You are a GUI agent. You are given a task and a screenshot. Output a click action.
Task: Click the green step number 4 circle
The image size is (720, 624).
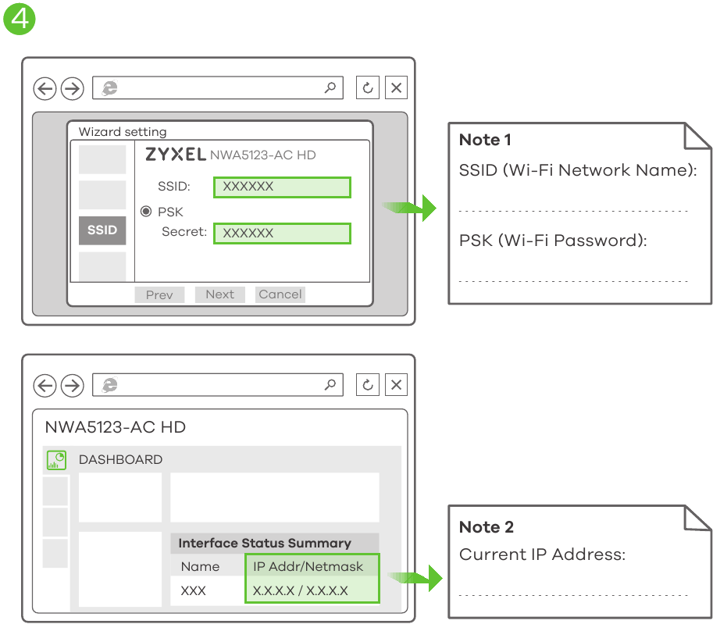point(20,18)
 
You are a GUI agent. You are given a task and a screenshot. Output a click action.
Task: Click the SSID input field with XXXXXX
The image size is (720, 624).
point(282,187)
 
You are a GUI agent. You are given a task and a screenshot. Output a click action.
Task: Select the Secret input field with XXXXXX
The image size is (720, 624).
point(282,233)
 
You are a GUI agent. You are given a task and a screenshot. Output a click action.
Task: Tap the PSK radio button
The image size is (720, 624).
point(146,212)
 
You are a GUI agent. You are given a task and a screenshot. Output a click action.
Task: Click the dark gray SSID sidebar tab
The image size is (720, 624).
point(102,230)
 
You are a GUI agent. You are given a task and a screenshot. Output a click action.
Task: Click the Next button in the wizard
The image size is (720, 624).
point(219,294)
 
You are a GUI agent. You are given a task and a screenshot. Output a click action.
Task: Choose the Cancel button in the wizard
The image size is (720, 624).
point(280,294)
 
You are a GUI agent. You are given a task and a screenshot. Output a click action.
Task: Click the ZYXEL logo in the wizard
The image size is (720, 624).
point(176,155)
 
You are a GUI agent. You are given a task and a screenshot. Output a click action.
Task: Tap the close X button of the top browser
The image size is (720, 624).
point(396,88)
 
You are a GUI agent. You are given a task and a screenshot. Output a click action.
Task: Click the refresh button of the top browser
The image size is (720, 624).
point(368,88)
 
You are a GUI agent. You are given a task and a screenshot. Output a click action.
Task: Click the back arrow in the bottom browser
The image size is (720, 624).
point(45,385)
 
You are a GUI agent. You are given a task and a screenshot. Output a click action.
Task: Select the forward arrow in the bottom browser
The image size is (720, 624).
point(72,385)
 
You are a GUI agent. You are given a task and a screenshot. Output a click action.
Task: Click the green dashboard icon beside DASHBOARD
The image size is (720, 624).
point(56,460)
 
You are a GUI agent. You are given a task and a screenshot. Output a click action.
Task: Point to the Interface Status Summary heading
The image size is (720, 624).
point(265,544)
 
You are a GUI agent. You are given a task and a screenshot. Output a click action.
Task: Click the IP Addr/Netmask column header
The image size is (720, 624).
point(308,566)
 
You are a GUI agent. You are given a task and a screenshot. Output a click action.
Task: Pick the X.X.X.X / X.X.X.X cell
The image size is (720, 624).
point(301,590)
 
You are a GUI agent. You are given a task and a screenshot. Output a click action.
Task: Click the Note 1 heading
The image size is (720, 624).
point(485,140)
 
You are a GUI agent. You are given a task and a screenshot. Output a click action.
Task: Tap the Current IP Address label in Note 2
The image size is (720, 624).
point(542,554)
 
